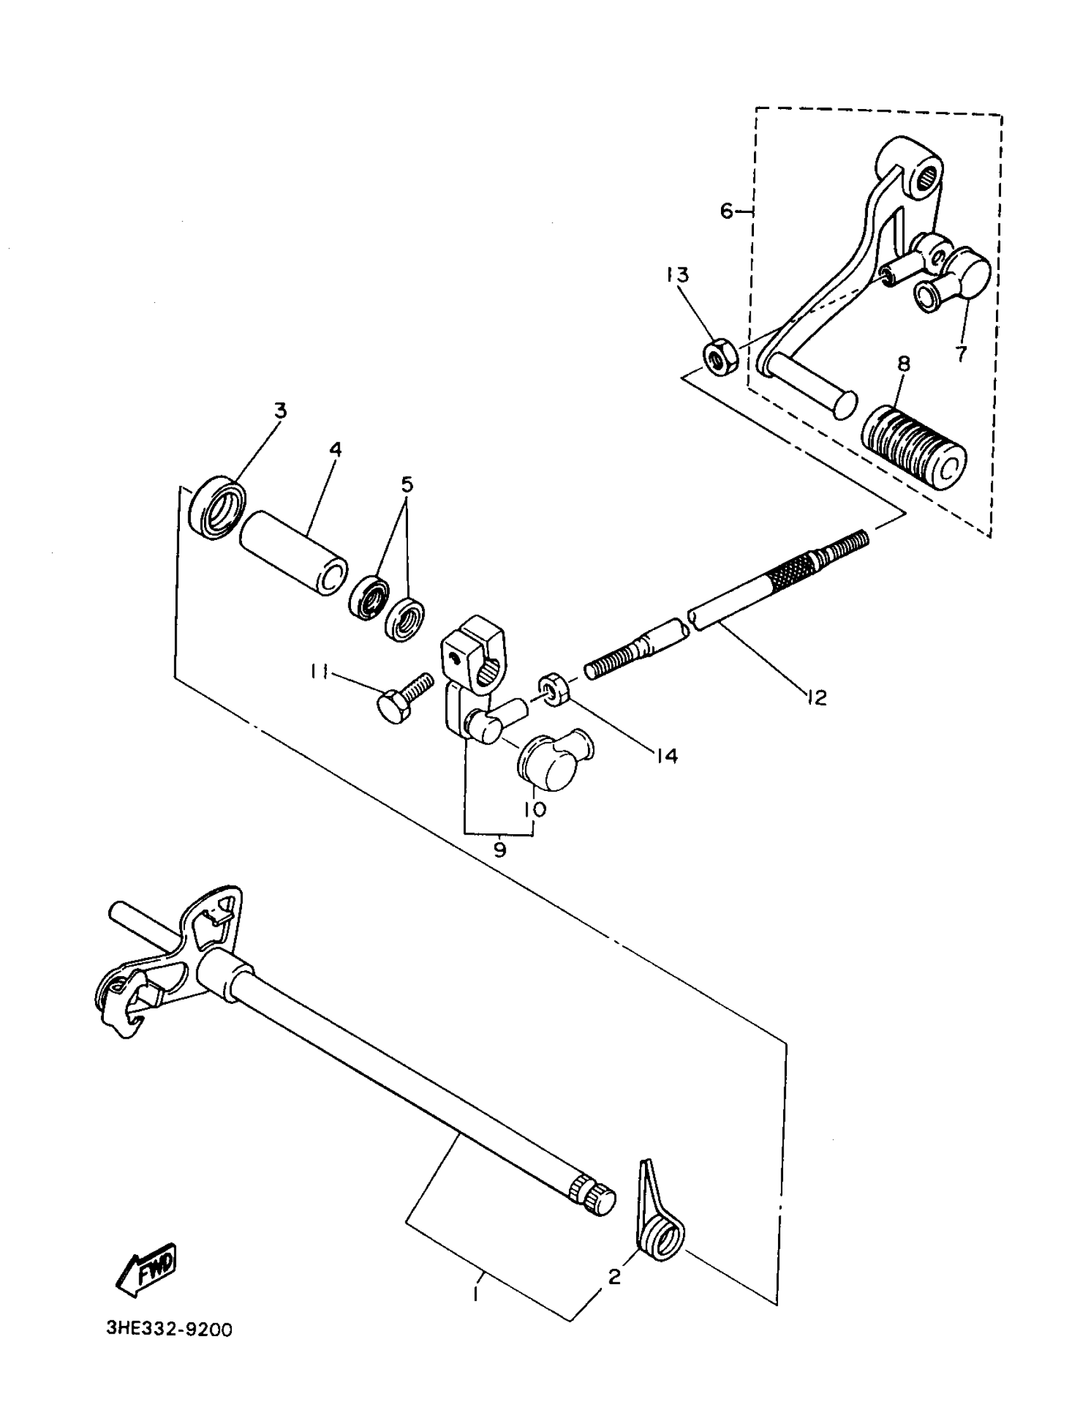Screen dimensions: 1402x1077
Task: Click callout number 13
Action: (x=677, y=274)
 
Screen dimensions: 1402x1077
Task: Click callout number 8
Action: (x=903, y=364)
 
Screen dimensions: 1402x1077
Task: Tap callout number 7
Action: (x=961, y=353)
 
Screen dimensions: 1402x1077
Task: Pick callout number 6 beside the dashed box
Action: (x=725, y=210)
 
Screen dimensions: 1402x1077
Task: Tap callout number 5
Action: (x=407, y=484)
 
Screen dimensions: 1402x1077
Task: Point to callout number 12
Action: (x=817, y=697)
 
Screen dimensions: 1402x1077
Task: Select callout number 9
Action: (x=499, y=850)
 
